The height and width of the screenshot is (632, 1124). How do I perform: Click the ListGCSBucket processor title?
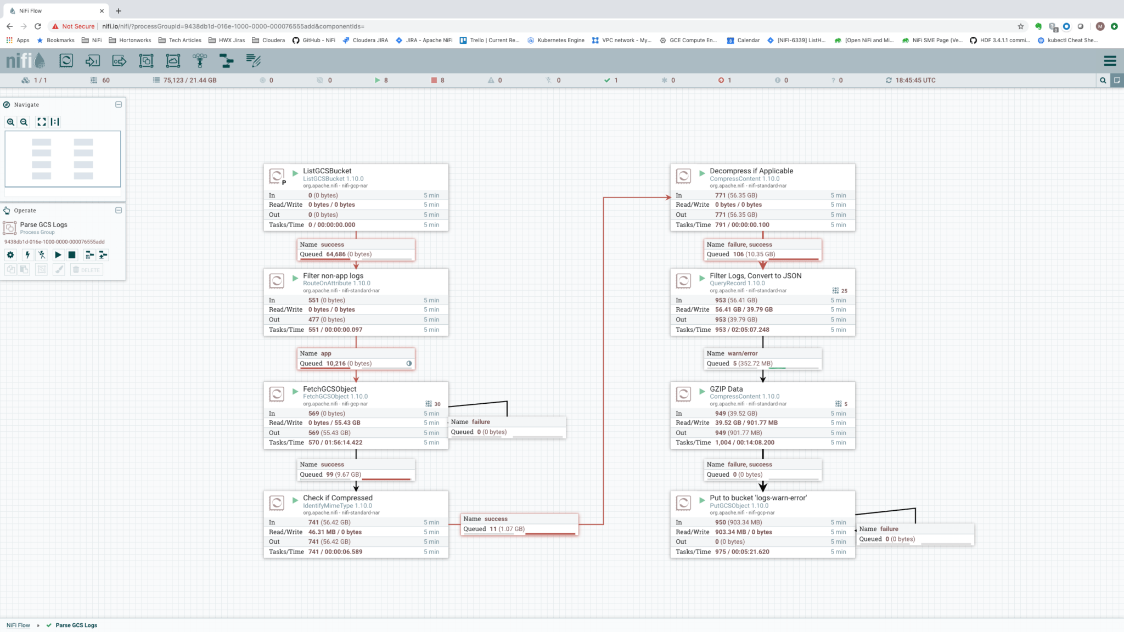point(327,171)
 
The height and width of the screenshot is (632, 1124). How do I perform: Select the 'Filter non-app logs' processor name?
point(333,275)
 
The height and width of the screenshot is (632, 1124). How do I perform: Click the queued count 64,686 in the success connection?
point(335,254)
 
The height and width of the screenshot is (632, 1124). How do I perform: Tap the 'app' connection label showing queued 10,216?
point(325,353)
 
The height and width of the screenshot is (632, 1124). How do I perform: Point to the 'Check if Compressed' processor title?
point(338,498)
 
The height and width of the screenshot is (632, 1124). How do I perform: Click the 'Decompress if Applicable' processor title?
point(751,171)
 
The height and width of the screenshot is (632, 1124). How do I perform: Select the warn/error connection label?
point(742,353)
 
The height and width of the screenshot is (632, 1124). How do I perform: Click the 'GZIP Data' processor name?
point(726,389)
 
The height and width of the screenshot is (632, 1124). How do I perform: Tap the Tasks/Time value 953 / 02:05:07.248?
point(741,330)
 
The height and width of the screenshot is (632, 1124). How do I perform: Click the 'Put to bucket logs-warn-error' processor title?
point(757,498)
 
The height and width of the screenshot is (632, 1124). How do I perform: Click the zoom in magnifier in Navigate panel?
point(10,122)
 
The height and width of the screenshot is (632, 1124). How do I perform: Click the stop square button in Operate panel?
point(72,255)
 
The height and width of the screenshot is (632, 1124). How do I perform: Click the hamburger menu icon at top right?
point(1110,61)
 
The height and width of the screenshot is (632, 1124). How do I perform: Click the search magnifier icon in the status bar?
point(1103,80)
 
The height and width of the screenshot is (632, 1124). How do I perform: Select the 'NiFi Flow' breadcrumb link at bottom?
point(18,625)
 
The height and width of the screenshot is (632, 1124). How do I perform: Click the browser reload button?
point(38,26)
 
